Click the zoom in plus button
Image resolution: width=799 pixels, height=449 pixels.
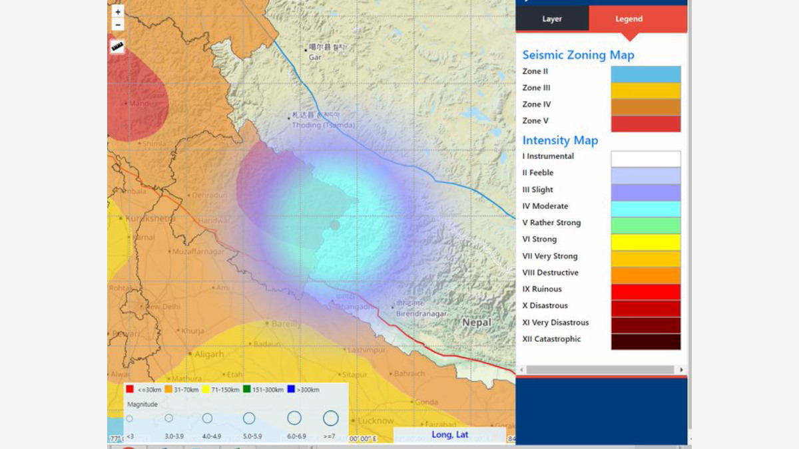point(118,12)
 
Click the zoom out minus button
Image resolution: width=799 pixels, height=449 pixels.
point(118,25)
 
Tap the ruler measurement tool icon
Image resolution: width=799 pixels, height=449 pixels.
point(118,47)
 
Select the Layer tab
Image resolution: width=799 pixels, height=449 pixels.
point(552,19)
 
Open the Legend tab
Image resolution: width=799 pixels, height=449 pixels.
point(629,19)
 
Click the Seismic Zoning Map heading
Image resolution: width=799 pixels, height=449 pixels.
point(578,55)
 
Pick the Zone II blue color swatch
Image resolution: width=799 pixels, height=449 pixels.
point(645,74)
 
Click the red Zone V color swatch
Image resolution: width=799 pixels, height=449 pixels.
point(645,124)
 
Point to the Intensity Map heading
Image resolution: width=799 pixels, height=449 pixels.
point(560,140)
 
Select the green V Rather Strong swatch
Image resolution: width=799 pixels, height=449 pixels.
point(645,225)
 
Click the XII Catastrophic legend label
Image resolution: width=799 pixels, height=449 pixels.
point(551,339)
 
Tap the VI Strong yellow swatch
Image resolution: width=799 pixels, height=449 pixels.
point(645,242)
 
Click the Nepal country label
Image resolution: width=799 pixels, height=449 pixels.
point(477,323)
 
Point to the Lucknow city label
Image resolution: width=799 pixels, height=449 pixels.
point(376,421)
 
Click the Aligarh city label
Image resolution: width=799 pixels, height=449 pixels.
point(209,355)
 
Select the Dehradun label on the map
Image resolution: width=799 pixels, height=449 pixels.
point(209,196)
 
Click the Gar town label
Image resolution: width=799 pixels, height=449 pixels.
point(315,58)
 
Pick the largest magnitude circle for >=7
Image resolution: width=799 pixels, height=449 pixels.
point(331,418)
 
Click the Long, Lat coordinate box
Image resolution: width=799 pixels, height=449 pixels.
point(449,435)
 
